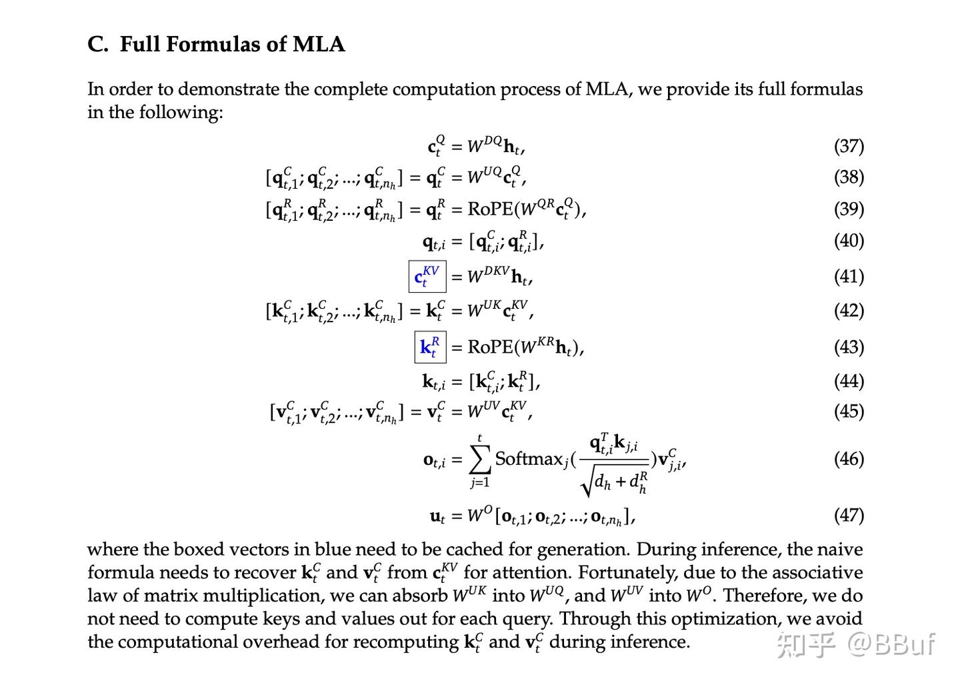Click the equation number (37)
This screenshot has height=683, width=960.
pos(849,145)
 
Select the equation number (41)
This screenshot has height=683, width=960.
pos(849,276)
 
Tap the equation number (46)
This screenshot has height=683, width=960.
pos(849,459)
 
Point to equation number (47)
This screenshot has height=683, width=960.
pos(849,515)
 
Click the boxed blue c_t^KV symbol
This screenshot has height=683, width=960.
pos(427,276)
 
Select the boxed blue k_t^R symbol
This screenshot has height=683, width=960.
pos(430,347)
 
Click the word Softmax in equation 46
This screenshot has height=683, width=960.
pos(529,459)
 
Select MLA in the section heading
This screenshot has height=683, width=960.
pos(319,44)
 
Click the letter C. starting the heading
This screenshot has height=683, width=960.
pos(97,44)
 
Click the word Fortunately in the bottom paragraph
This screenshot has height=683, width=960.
pos(623,572)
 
